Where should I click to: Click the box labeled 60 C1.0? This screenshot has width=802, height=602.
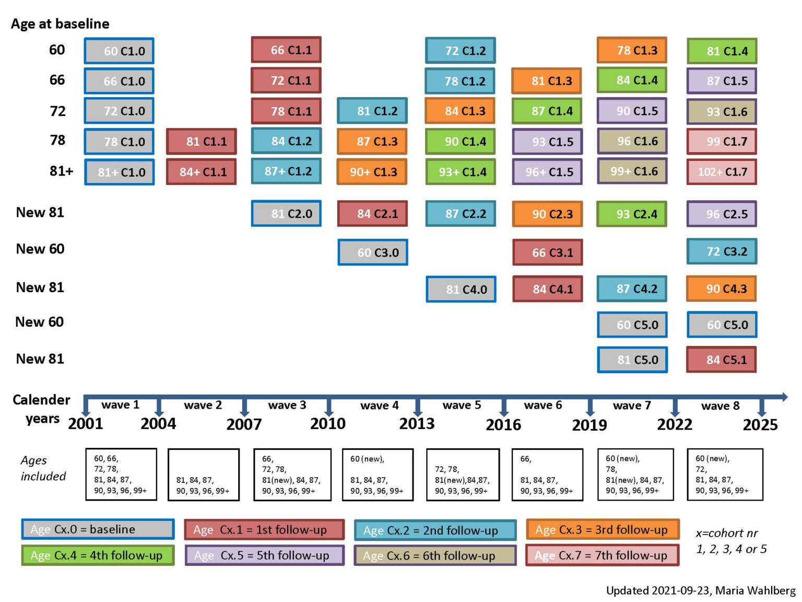119,51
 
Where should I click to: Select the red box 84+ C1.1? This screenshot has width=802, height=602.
202,172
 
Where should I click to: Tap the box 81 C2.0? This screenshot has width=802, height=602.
286,214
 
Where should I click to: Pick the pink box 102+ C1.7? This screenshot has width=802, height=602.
722,172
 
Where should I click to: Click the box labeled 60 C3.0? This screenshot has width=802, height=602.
373,252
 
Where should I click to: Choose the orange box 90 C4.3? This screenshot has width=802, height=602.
722,289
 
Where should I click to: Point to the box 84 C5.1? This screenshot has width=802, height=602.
722,360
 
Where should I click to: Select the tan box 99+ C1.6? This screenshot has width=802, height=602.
632,171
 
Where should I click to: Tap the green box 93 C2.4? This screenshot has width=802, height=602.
632,214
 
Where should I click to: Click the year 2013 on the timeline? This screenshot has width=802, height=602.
417,424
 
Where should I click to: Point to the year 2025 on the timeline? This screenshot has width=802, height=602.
760,425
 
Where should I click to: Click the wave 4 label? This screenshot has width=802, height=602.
379,406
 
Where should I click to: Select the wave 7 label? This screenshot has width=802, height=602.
632,406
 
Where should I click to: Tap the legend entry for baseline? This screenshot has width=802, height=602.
98,529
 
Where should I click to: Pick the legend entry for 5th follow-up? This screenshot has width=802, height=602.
265,555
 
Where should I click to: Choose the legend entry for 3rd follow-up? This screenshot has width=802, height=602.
603,530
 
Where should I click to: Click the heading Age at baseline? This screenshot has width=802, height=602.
60,24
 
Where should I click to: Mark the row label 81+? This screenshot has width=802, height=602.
61,171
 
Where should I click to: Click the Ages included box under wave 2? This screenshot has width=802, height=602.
204,474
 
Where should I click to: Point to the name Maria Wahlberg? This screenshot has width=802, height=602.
755,591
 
